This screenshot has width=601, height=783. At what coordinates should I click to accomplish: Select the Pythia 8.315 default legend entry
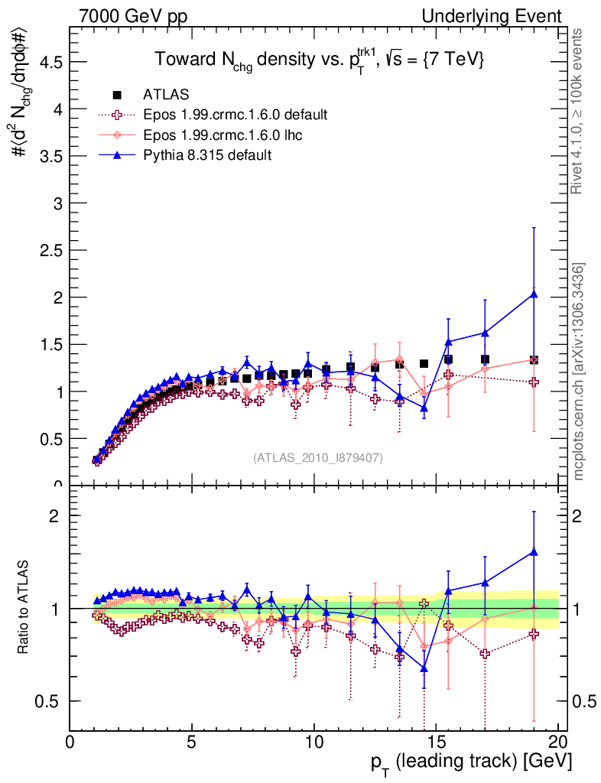[x=206, y=155]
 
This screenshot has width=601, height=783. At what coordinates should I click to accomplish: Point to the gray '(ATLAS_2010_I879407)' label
[x=318, y=458]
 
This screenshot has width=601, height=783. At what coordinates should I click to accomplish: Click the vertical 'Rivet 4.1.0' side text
[x=579, y=111]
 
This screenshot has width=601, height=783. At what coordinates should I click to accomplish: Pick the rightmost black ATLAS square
[x=534, y=359]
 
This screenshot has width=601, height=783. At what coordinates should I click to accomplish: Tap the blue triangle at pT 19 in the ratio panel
[x=534, y=551]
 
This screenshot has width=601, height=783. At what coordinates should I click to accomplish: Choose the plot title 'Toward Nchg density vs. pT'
[x=319, y=60]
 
